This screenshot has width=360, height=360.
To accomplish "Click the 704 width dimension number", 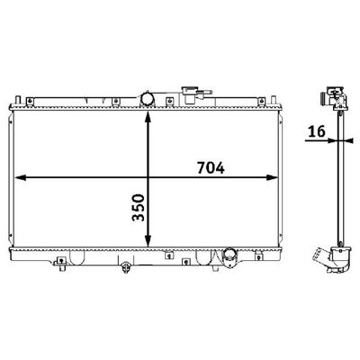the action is [x=211, y=167].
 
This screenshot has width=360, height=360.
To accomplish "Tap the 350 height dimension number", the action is [x=138, y=208].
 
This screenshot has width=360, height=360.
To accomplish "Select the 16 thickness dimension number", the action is [x=316, y=131].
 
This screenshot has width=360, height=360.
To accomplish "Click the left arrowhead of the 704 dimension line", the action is [x=20, y=178].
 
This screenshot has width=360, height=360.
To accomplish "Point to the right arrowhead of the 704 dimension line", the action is [x=273, y=178].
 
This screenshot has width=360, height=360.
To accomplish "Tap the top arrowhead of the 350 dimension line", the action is [x=148, y=117].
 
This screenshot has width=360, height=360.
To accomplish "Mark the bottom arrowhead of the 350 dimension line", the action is [x=148, y=241].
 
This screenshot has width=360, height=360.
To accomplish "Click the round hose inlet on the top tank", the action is [x=148, y=99].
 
